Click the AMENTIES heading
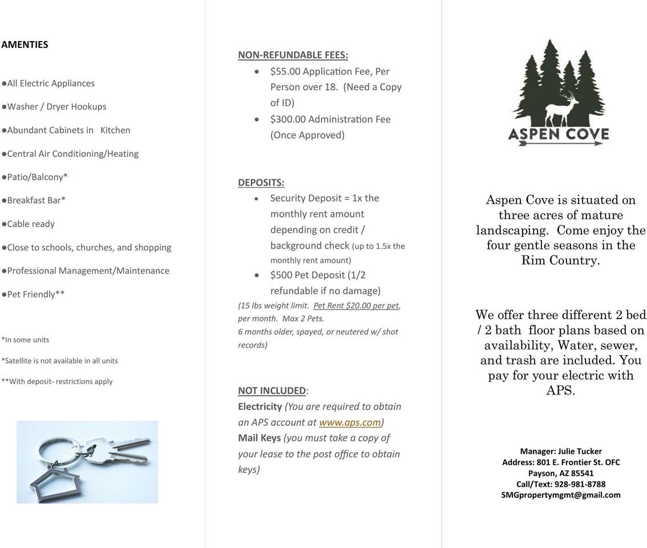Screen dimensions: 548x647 (25, 45)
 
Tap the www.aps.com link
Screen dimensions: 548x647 (349, 422)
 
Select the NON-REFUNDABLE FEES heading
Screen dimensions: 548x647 (293, 55)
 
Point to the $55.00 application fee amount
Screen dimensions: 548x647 (285, 71)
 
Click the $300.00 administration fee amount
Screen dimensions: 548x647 (288, 119)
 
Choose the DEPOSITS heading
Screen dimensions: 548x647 (261, 183)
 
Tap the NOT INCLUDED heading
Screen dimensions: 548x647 (272, 390)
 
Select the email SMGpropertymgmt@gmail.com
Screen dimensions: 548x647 (561, 495)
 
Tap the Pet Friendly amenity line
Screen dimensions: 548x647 (34, 294)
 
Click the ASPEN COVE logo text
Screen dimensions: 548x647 (559, 134)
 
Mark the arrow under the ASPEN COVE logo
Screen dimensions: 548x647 (559, 143)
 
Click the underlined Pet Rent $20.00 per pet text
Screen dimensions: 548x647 (356, 305)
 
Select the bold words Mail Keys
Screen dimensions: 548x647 (259, 438)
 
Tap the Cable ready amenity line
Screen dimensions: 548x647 (29, 224)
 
